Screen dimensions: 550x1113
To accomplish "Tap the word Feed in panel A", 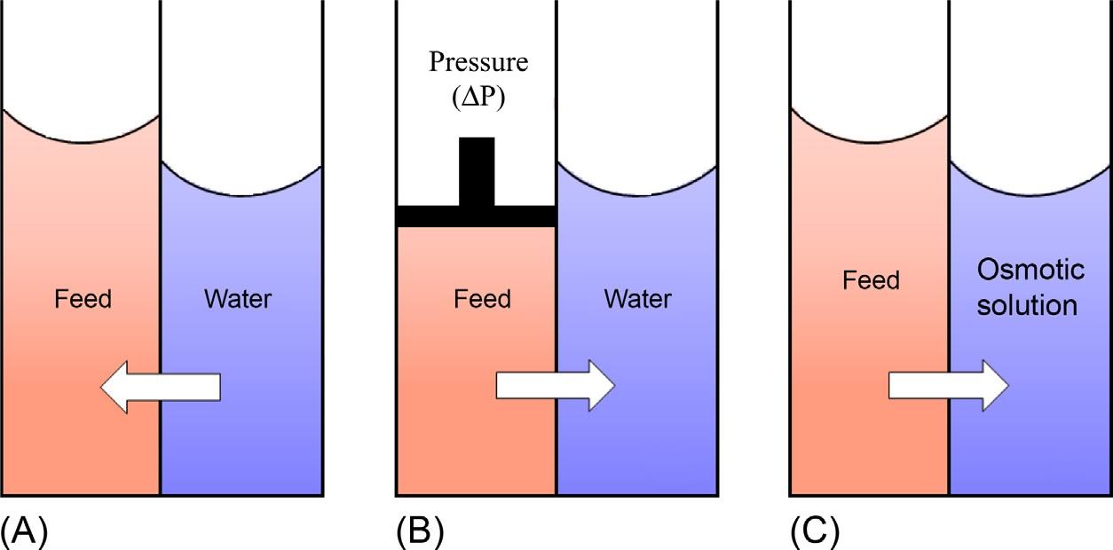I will (83, 299).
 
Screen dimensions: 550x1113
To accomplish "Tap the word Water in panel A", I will (238, 299).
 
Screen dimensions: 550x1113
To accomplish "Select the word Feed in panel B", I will (482, 299).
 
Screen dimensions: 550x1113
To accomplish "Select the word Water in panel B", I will (637, 299).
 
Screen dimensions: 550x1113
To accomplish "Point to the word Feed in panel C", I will (871, 281).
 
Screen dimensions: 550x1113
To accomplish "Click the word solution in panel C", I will (1027, 306).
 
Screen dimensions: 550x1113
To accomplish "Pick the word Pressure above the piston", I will (478, 63).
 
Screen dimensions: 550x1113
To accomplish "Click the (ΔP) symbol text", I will (478, 96).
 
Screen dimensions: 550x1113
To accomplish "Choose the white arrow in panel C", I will (949, 385).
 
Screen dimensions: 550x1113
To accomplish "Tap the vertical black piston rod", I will (477, 171).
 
